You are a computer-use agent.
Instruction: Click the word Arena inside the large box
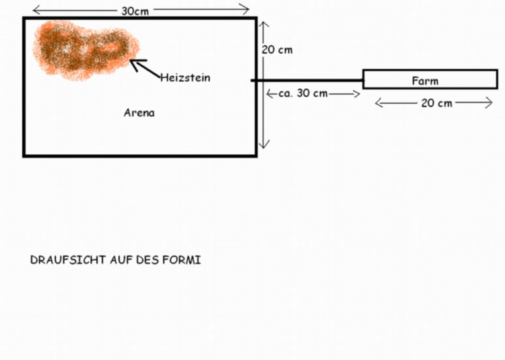[x=139, y=112]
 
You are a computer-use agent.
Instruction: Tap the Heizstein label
[x=185, y=78]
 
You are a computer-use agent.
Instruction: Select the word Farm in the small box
[x=425, y=81]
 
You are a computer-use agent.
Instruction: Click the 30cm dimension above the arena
[x=135, y=11]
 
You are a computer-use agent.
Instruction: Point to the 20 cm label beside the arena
[x=277, y=50]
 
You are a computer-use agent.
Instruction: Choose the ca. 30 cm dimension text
[x=303, y=93]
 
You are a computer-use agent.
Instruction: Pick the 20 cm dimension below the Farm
[x=436, y=103]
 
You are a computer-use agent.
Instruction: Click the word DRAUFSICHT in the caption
[x=68, y=260]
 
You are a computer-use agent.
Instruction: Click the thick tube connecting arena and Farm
[x=307, y=80]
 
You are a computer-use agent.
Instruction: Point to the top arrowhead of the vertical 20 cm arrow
[x=264, y=24]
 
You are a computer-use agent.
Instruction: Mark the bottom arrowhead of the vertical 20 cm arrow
[x=264, y=146]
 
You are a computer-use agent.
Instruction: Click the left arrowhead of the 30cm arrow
[x=36, y=10]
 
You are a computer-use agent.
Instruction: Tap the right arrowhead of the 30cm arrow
[x=246, y=9]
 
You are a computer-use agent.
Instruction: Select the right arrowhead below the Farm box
[x=489, y=103]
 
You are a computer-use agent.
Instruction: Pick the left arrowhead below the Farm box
[x=379, y=103]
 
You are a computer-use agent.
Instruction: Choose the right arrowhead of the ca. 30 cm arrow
[x=357, y=94]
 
